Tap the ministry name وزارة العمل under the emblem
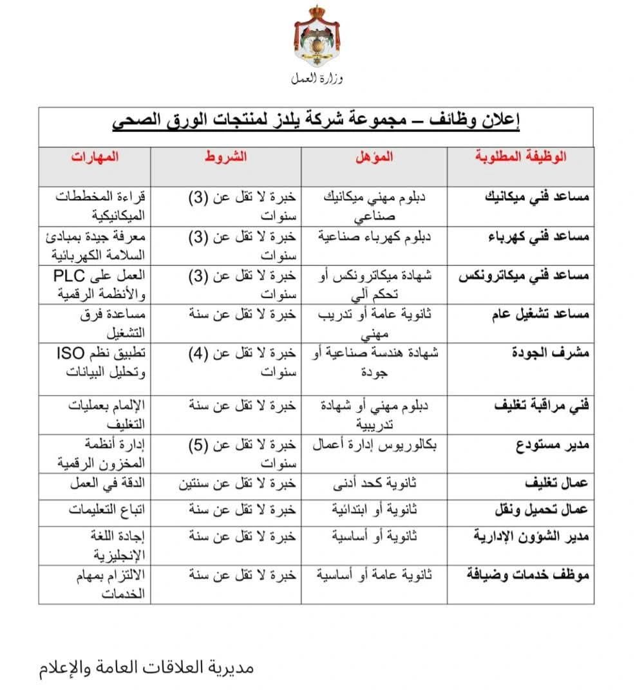[317, 79]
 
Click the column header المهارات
[95, 156]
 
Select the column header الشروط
[226, 156]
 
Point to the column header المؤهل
[375, 156]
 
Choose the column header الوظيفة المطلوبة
[520, 156]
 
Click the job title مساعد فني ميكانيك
[536, 197]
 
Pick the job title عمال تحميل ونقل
[541, 510]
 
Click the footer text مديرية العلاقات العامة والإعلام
[147, 667]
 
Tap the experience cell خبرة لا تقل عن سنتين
[237, 483]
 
